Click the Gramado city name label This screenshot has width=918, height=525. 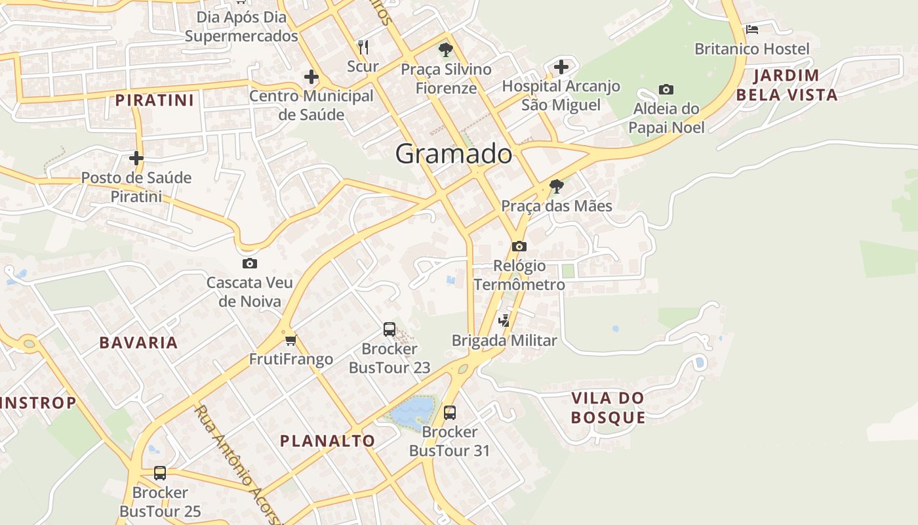click(x=454, y=154)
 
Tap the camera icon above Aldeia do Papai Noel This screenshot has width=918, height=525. click(x=666, y=89)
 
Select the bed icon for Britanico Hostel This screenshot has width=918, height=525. click(x=751, y=30)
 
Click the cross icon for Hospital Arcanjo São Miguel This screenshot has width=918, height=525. click(x=561, y=66)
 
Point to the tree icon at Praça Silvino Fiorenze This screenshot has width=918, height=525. click(x=445, y=49)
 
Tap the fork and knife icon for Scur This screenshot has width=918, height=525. click(x=363, y=47)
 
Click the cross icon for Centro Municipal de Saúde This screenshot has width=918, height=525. click(x=311, y=77)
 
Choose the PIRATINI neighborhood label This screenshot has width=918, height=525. click(x=155, y=100)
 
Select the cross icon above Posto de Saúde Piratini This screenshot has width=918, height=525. click(x=136, y=158)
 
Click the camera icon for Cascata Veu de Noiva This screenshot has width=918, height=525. click(x=249, y=264)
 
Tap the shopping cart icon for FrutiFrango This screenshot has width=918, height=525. click(x=290, y=340)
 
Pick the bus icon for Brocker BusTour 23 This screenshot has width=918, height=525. click(x=389, y=329)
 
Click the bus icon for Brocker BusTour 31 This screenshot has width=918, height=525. click(x=449, y=413)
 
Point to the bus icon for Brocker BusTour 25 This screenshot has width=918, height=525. click(x=159, y=472)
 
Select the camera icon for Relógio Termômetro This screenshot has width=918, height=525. click(x=519, y=247)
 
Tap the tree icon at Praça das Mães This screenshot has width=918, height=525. click(x=556, y=186)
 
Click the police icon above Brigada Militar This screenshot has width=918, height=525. click(x=504, y=320)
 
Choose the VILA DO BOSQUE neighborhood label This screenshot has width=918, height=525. click(x=608, y=408)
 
